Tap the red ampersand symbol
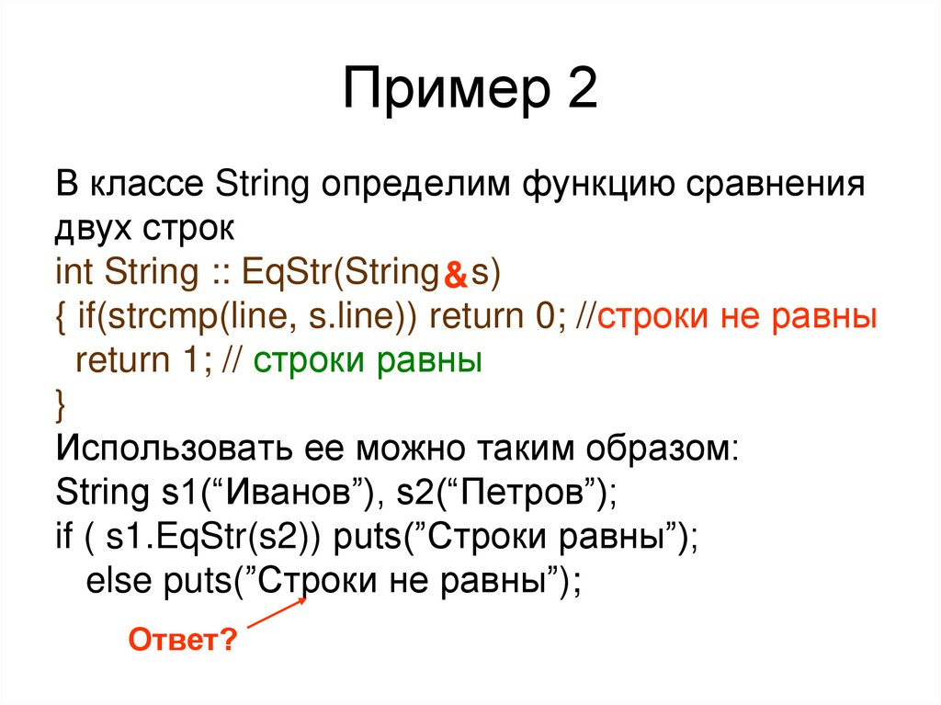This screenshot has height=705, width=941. click(x=456, y=274)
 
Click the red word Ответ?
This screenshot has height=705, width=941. click(x=183, y=639)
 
